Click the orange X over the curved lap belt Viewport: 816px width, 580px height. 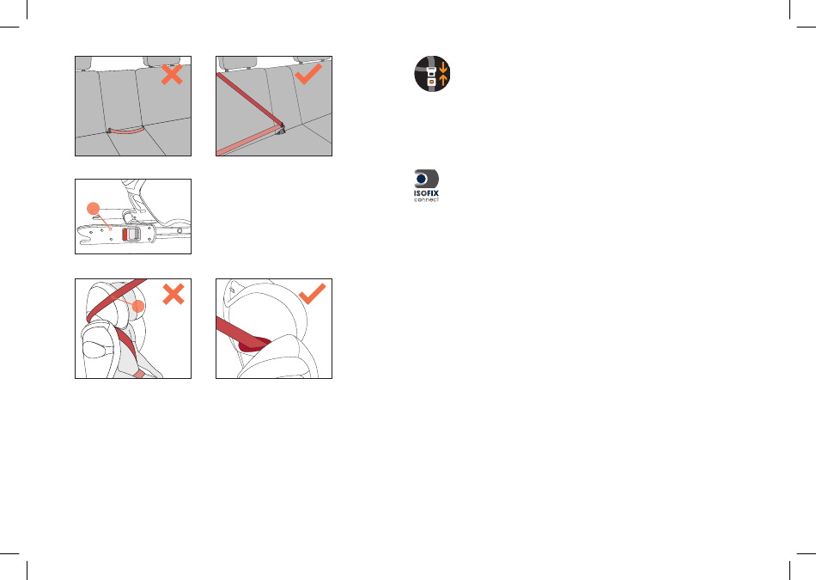pos(172,75)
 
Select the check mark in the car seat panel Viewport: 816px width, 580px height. pos(308,75)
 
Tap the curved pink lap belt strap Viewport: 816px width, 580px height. pos(126,131)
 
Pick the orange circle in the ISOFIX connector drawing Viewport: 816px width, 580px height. pos(93,209)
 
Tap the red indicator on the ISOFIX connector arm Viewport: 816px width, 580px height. pos(125,235)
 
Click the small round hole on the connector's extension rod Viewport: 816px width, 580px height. pos(180,230)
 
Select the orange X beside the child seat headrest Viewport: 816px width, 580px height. pos(174,294)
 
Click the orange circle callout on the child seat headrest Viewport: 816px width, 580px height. pos(138,306)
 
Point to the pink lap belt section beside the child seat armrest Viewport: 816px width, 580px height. pos(139,374)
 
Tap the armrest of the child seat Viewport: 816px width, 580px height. pos(98,350)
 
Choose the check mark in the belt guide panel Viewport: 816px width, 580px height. pos(313,294)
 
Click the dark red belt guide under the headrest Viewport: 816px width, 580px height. pos(255,344)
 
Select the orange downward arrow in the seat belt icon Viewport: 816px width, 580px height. pos(443,67)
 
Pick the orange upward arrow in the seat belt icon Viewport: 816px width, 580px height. pos(443,80)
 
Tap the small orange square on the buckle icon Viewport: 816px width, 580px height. pos(431,82)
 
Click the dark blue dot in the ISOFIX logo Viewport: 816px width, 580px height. pos(422,179)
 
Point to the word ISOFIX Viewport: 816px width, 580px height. pos(426,193)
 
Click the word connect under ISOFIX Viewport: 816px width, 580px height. pos(426,199)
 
